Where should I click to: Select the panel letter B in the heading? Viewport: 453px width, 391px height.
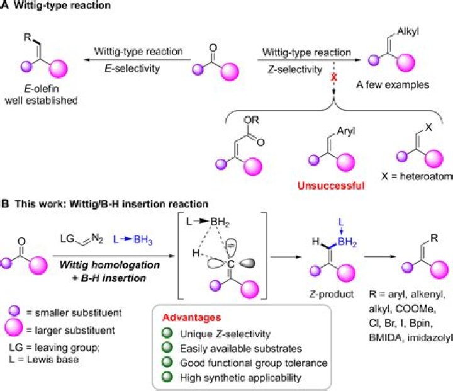[x=5, y=204]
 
